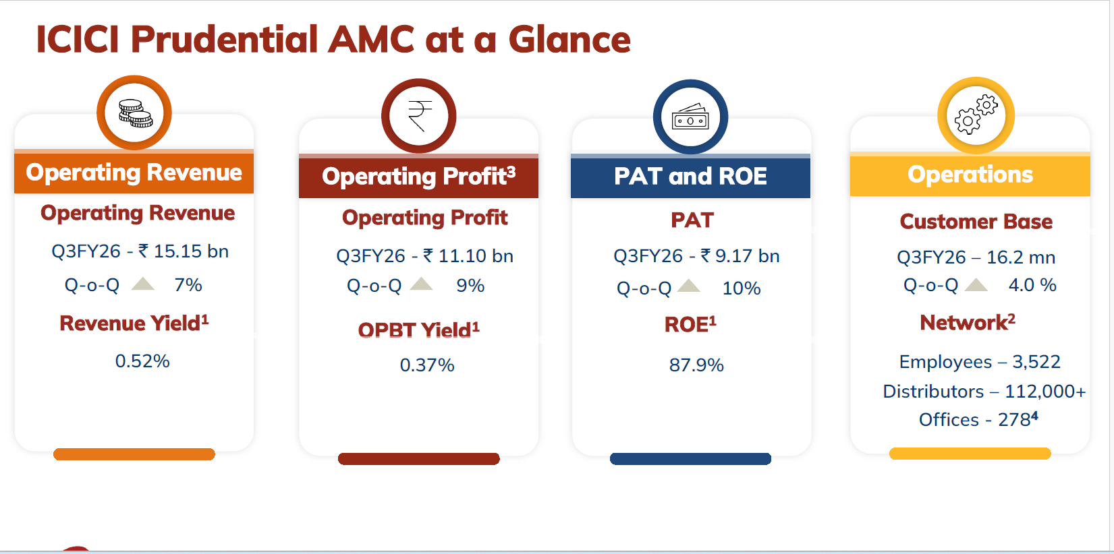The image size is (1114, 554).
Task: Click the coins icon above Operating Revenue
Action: [135, 113]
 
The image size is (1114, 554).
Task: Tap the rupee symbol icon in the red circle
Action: [419, 117]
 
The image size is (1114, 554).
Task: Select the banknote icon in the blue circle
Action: [690, 117]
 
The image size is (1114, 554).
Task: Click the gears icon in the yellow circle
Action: [976, 115]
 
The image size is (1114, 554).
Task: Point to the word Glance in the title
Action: [569, 40]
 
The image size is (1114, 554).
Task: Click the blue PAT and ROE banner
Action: [690, 177]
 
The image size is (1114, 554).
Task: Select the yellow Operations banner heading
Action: [970, 175]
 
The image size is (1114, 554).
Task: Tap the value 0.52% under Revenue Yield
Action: [142, 361]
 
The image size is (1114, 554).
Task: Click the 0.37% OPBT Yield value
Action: [426, 365]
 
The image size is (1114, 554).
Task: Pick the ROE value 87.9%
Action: [696, 365]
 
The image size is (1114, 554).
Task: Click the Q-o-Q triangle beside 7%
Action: [143, 284]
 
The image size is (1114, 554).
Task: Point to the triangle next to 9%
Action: [421, 284]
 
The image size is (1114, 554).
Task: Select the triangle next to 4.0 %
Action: [976, 284]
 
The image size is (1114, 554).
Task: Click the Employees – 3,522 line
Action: [980, 362]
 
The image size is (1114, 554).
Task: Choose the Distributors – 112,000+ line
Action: [984, 392]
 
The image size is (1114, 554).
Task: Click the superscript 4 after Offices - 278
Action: [1034, 415]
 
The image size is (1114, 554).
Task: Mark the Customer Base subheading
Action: [976, 222]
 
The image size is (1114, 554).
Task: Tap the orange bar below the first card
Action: [134, 454]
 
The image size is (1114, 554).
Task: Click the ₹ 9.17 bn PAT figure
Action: [740, 256]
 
